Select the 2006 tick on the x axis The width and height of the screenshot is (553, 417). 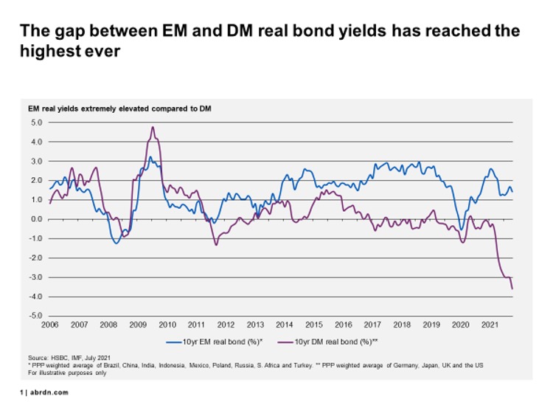pyautogui.click(x=50, y=325)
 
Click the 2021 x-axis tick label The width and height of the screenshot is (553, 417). pyautogui.click(x=487, y=325)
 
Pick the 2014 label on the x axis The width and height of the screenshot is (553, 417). pyautogui.click(x=284, y=325)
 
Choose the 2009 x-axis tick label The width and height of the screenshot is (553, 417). pyautogui.click(x=138, y=325)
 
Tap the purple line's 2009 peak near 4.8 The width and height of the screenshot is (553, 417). pyautogui.click(x=153, y=127)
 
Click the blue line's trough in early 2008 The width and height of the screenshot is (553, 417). pyautogui.click(x=116, y=243)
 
